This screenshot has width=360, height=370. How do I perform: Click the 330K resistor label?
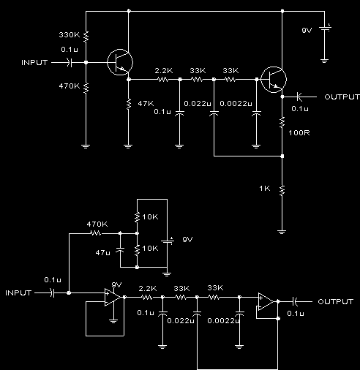point(70,35)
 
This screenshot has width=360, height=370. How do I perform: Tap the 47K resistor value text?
point(146,104)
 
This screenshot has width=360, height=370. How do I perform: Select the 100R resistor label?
point(299,133)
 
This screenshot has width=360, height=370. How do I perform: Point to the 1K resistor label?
point(265,189)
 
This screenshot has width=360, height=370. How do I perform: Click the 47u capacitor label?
point(102,252)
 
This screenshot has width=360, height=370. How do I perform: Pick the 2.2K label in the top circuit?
point(164,71)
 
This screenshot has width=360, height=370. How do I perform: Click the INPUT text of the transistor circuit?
point(34,63)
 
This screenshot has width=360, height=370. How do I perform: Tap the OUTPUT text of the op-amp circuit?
point(336,302)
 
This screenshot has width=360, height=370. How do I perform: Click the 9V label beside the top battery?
point(307,31)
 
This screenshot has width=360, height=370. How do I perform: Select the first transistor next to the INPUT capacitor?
point(120,62)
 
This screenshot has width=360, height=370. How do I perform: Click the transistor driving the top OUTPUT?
point(274,80)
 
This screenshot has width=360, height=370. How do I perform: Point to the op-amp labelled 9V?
point(113,297)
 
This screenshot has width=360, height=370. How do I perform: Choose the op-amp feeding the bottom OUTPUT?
point(266,301)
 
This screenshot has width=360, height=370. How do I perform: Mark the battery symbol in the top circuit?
point(324,29)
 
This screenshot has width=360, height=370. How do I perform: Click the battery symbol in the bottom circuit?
point(168,241)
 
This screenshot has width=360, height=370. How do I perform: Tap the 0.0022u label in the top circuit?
point(236,104)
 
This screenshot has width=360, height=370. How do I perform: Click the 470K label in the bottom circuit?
point(97,224)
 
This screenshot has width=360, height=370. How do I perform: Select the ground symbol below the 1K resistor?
point(282,232)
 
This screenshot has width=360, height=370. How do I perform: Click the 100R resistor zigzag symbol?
point(282,122)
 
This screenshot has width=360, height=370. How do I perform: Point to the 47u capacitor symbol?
point(120,250)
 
